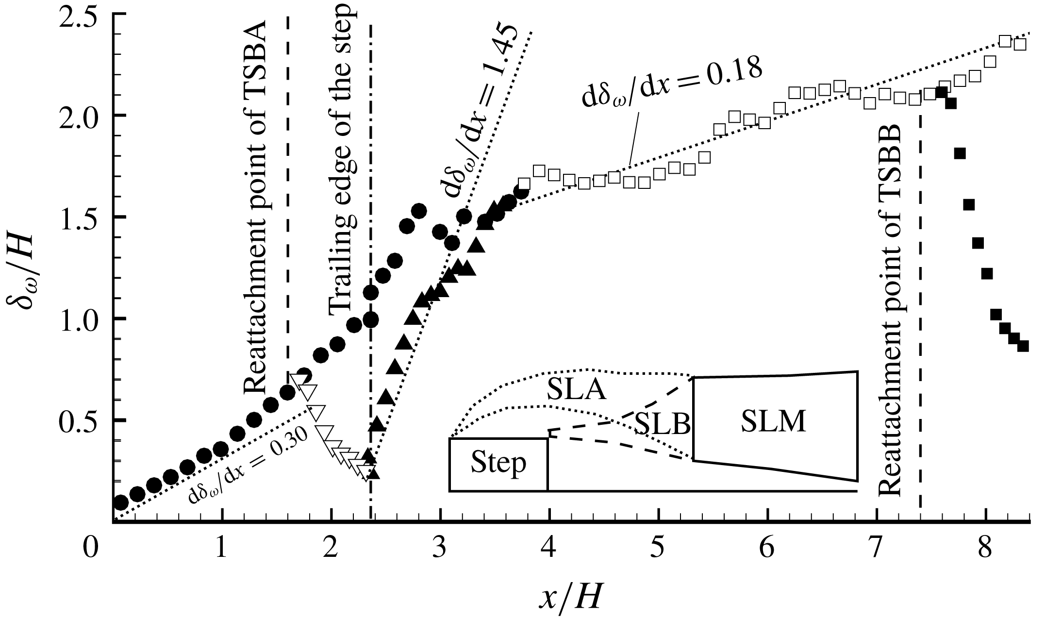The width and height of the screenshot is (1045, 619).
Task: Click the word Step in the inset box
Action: [498, 464]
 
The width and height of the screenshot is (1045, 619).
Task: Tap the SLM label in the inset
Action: [773, 421]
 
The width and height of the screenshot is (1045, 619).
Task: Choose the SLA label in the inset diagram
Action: [576, 390]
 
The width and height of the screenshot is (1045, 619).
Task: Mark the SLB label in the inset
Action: [663, 423]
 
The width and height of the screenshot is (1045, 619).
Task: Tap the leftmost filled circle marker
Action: [121, 502]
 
